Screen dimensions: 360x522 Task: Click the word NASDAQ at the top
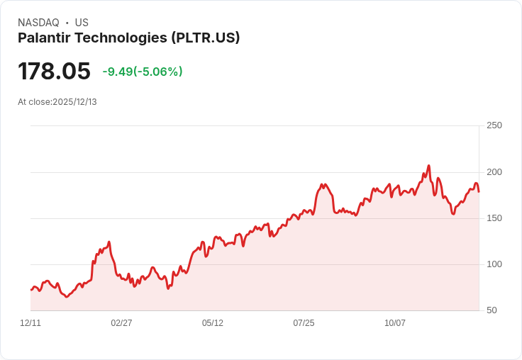click(x=38, y=23)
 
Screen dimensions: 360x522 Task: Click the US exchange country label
click(x=82, y=23)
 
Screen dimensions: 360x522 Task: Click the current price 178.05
click(x=54, y=72)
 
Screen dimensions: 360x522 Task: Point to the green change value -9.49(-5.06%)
click(x=143, y=72)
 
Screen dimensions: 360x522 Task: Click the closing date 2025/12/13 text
click(x=74, y=102)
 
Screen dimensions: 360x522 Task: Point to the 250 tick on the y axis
click(x=494, y=125)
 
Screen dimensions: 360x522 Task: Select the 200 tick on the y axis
click(x=494, y=172)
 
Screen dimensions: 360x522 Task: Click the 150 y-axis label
click(x=494, y=218)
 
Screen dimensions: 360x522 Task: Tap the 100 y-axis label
click(x=494, y=264)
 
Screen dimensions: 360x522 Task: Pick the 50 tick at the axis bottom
click(x=492, y=310)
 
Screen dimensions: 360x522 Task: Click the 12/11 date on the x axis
click(x=30, y=323)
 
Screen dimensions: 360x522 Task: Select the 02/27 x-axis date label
click(x=121, y=323)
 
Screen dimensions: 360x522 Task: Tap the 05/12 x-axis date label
click(x=213, y=323)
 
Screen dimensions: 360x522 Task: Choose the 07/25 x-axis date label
click(x=304, y=323)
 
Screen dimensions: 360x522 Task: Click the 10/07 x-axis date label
click(x=395, y=323)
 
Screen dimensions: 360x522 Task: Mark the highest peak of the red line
click(x=429, y=166)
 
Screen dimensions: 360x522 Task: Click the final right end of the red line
click(x=479, y=191)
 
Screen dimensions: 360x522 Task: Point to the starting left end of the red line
click(x=30, y=290)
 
